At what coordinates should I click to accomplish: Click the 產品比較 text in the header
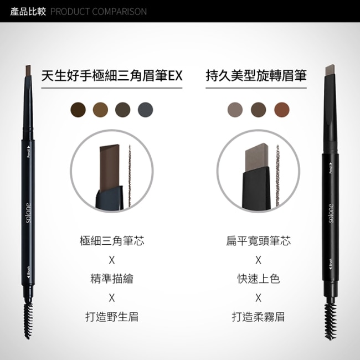(x=28, y=12)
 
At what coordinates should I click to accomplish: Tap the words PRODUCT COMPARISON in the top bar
(x=99, y=12)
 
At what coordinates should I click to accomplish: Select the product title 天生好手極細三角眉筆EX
(x=112, y=75)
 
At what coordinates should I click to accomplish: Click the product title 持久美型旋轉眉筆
(x=256, y=75)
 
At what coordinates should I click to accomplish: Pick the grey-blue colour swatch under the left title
(x=145, y=110)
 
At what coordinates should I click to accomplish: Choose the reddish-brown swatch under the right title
(x=282, y=110)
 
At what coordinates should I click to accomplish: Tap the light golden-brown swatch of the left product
(x=100, y=110)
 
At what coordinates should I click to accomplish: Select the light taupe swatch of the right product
(x=235, y=110)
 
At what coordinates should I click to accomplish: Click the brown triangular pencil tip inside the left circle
(x=109, y=167)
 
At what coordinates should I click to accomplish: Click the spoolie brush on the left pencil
(x=28, y=320)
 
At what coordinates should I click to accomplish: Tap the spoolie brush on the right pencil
(x=331, y=321)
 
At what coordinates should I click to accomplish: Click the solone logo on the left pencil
(x=28, y=213)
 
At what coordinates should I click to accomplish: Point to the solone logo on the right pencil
(x=331, y=213)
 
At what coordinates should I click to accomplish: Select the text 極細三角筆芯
(x=112, y=241)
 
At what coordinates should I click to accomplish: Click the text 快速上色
(x=258, y=279)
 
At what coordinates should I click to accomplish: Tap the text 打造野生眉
(x=112, y=317)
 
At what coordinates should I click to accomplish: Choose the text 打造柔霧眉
(x=258, y=317)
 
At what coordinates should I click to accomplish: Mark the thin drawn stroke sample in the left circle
(x=130, y=176)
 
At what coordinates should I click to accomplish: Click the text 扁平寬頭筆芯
(x=258, y=241)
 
